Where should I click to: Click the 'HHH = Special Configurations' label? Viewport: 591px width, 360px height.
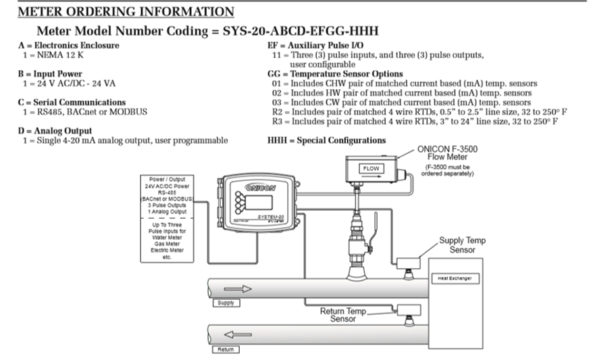327,140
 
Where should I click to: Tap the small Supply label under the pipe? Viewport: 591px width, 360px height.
226,303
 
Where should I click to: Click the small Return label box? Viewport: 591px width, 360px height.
226,350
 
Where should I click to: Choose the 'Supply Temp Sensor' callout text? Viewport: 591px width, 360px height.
462,245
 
